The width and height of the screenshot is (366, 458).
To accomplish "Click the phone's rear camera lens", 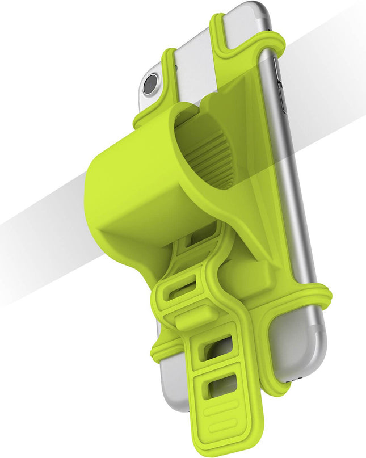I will pos(150,85).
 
